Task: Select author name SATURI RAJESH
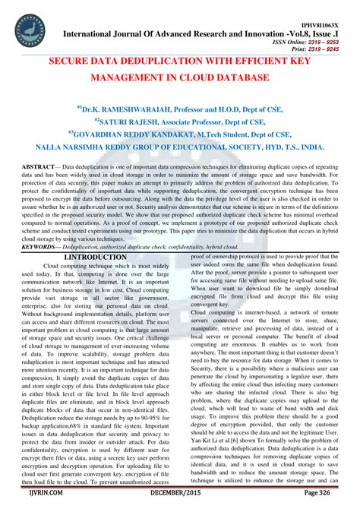click(x=137, y=120)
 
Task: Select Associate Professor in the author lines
click(x=214, y=120)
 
